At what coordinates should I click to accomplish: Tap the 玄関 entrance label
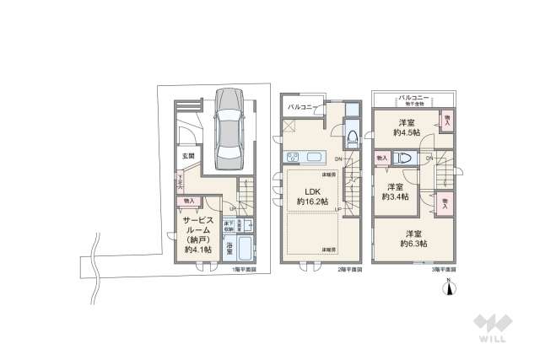(187, 156)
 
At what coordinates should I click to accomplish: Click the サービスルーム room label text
(198, 223)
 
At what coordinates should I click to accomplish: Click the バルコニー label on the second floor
(300, 107)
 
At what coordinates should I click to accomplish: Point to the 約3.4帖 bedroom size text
(397, 196)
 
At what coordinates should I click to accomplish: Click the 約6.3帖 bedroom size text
(413, 243)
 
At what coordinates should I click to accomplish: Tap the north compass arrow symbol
(450, 287)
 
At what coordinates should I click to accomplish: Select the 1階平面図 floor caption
(246, 269)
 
